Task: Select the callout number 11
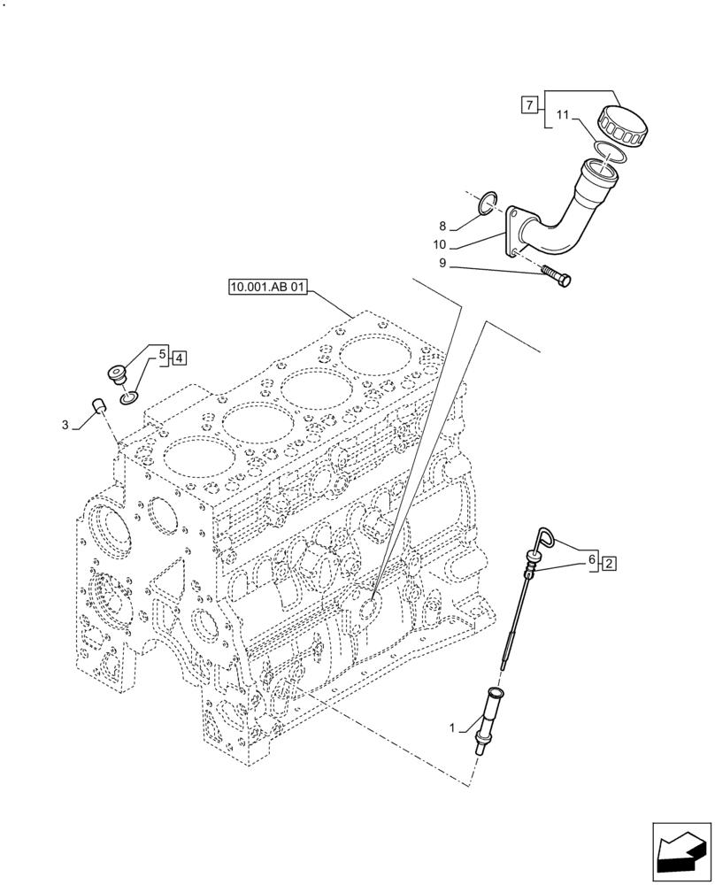[563, 115]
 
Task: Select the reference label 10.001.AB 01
[267, 288]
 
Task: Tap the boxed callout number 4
[180, 358]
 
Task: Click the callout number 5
[163, 356]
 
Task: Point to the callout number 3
[65, 426]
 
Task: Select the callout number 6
[591, 560]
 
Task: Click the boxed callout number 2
[610, 562]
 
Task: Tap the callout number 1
[452, 728]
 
